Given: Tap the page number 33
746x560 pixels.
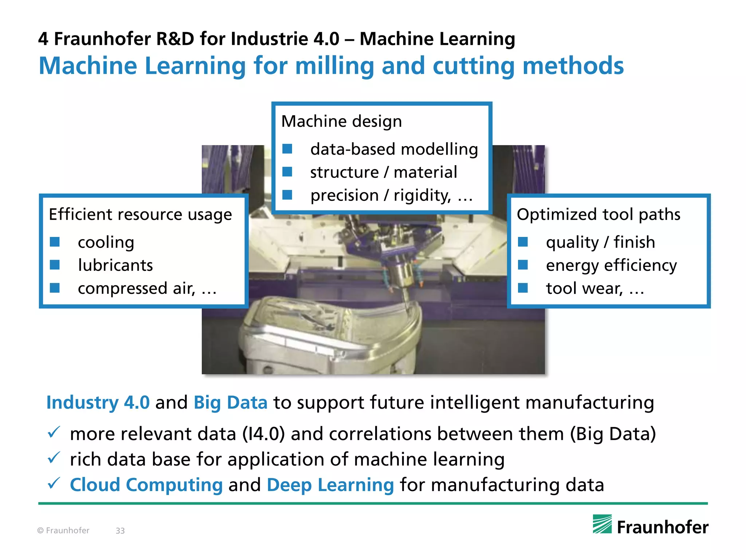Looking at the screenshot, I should pyautogui.click(x=120, y=531).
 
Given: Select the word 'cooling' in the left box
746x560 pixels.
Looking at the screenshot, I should pyautogui.click(x=106, y=242).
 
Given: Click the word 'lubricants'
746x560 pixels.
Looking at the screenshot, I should pyautogui.click(x=115, y=265).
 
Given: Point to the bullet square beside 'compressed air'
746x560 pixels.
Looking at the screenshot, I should pyautogui.click(x=55, y=288).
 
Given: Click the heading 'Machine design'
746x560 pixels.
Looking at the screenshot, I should pyautogui.click(x=341, y=121).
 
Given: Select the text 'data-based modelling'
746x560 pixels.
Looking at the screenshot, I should pyautogui.click(x=394, y=149).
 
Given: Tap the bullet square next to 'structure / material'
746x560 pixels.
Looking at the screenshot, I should pyautogui.click(x=287, y=172).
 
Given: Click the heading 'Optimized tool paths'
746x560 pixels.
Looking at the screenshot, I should pyautogui.click(x=598, y=214).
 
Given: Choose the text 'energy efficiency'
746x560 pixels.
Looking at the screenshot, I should pyautogui.click(x=611, y=265).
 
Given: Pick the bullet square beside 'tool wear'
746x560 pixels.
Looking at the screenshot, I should pyautogui.click(x=523, y=288).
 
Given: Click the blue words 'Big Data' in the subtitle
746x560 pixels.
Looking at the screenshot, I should pyautogui.click(x=231, y=402).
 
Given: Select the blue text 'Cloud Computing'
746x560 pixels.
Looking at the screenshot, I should pyautogui.click(x=146, y=485).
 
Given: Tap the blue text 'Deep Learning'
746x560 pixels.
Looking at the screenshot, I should pyautogui.click(x=330, y=485).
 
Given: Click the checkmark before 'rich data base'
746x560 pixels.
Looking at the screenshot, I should pyautogui.click(x=54, y=458).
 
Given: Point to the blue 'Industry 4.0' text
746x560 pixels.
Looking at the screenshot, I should pyautogui.click(x=98, y=402).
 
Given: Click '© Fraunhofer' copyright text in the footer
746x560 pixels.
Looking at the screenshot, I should pyautogui.click(x=63, y=531).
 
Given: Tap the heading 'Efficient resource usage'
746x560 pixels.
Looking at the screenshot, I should pyautogui.click(x=140, y=214).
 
